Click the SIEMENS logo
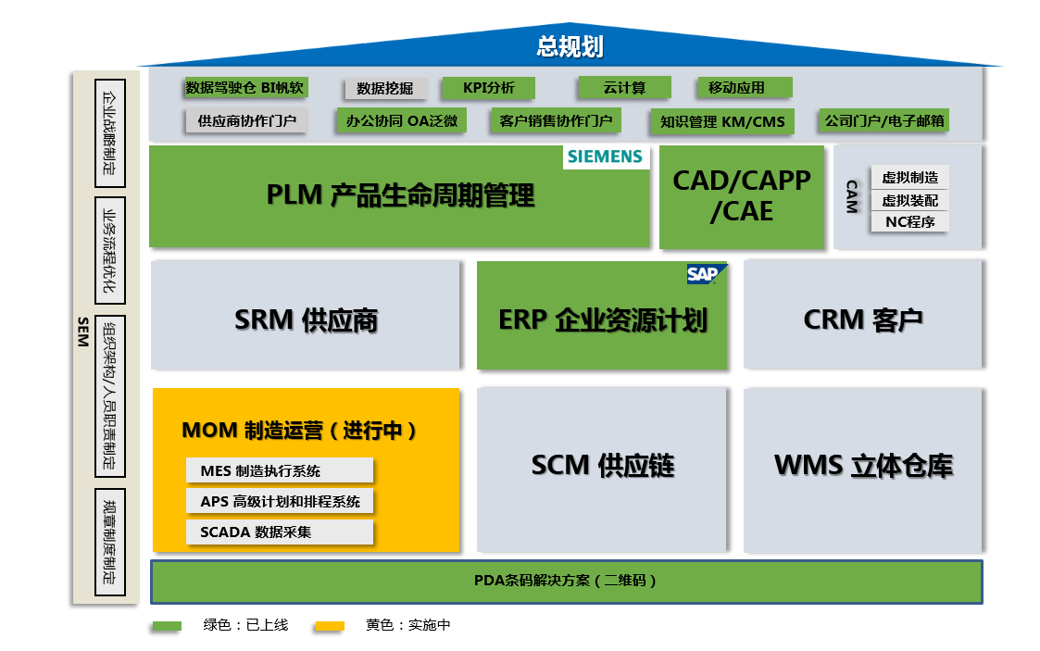pos(606,156)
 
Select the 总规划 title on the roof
pos(570,46)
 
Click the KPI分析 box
pos(488,88)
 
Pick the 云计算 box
pos(624,88)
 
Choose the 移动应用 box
pos(744,88)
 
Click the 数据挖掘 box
pos(385,89)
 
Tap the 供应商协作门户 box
pos(246,120)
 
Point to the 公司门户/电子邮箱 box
pos(884,120)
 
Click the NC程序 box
pos(909,221)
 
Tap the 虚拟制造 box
pos(909,178)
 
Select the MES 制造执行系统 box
pos(279,470)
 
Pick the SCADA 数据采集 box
pos(279,532)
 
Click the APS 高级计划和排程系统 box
pos(279,501)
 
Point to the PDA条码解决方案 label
pos(566,581)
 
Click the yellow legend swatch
pos(329,626)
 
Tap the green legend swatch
pos(167,626)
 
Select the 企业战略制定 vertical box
pos(109,133)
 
